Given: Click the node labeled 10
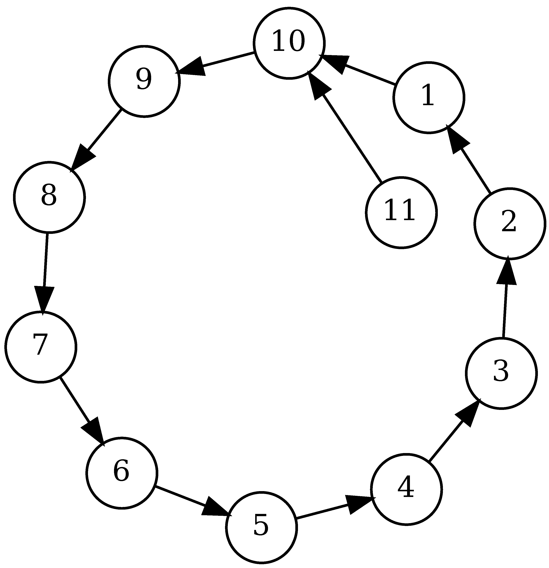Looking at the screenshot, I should pos(289,43).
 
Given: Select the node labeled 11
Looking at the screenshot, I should pos(401,212).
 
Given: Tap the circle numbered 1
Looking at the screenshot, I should pos(429,98).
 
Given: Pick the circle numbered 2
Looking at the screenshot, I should pos(510,224).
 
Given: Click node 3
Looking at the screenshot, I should pos(501,374).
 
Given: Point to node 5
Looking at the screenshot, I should pos(261,527).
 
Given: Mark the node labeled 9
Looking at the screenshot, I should pos(144,81).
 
